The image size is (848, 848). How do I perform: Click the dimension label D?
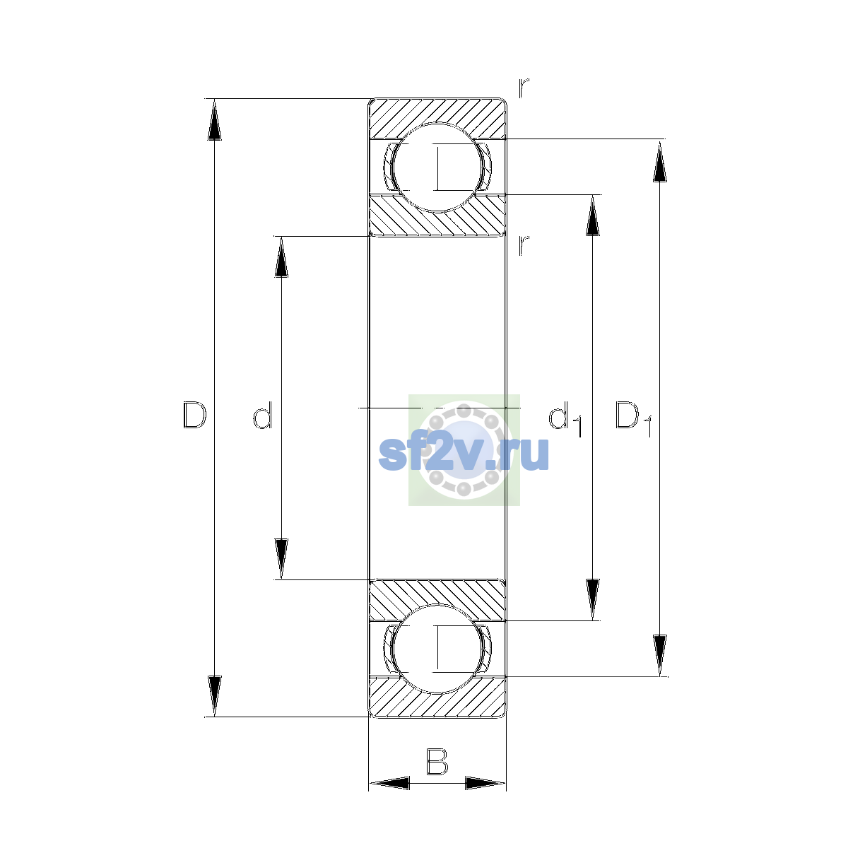194,415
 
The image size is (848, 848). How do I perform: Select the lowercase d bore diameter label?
263,415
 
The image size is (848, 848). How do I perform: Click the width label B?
437,761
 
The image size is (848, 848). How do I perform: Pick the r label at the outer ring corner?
524,88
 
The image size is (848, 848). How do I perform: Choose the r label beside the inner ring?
524,245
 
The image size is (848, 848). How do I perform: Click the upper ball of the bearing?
437,167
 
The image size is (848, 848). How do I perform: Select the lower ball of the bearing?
437,649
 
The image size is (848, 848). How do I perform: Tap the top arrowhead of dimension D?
214,119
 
